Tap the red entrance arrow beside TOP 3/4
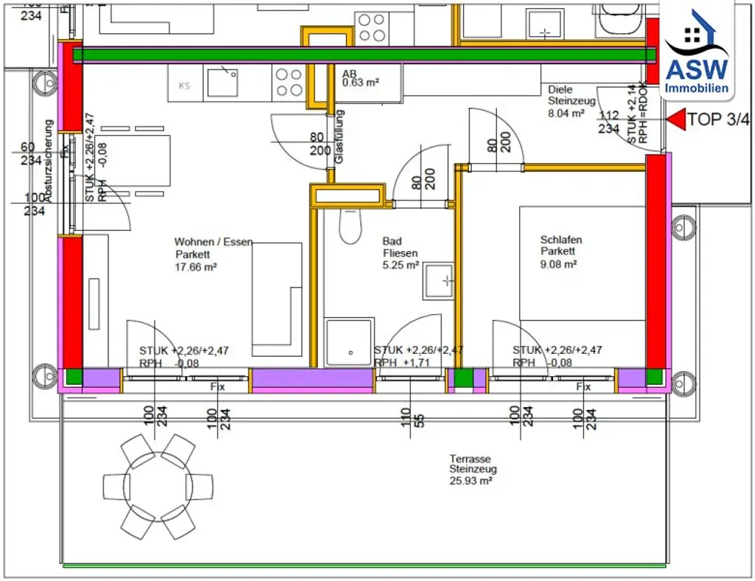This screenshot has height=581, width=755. point(675,119)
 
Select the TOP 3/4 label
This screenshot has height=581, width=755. point(718,119)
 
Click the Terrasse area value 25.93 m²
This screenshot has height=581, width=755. point(470,480)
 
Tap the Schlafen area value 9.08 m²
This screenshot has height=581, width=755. point(558,265)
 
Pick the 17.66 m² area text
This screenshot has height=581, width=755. point(195,268)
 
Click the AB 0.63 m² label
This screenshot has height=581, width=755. point(360,79)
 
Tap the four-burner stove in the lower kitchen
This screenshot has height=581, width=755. point(288,82)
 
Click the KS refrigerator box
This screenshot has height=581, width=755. point(185,85)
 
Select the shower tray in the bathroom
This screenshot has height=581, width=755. point(349,342)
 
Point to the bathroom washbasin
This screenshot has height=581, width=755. point(438,280)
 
